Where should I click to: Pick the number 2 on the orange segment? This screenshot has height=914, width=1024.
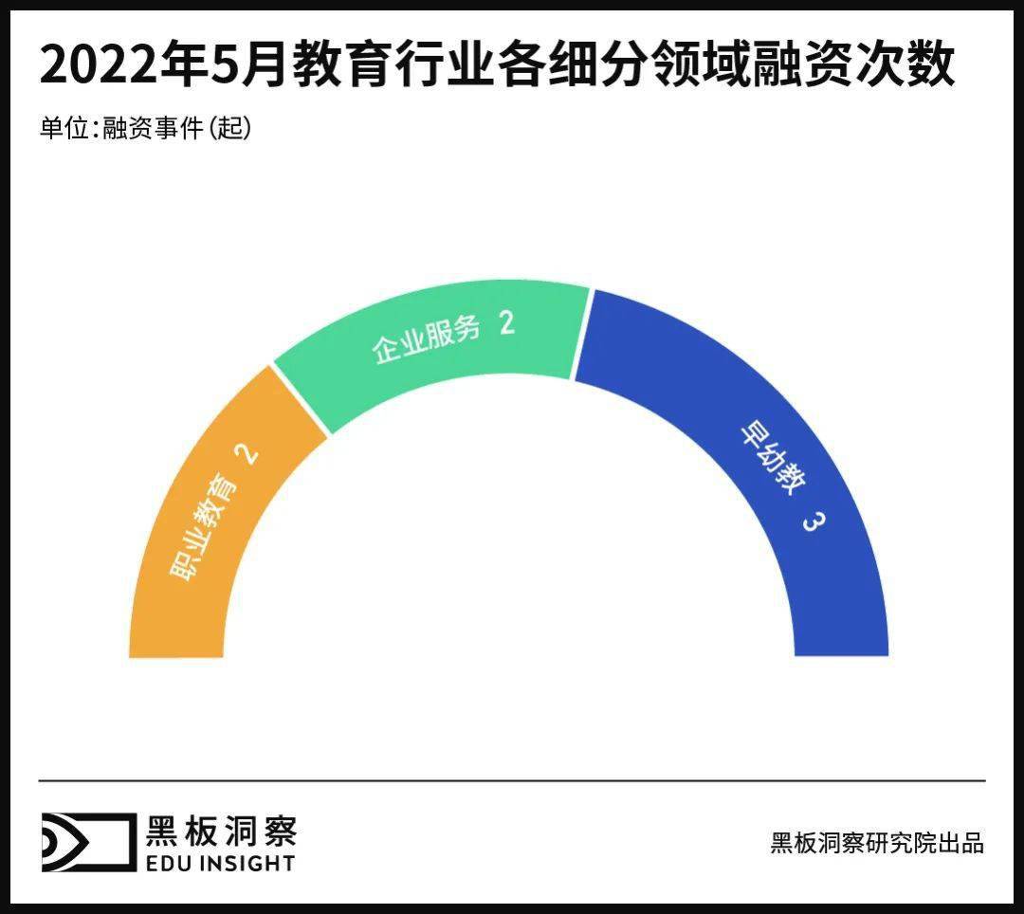(247, 454)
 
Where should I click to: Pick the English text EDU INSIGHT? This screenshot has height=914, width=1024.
(220, 863)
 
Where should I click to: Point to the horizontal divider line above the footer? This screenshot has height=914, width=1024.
(512, 780)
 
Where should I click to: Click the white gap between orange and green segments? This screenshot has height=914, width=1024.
(301, 399)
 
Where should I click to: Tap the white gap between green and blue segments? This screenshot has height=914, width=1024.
(581, 334)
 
